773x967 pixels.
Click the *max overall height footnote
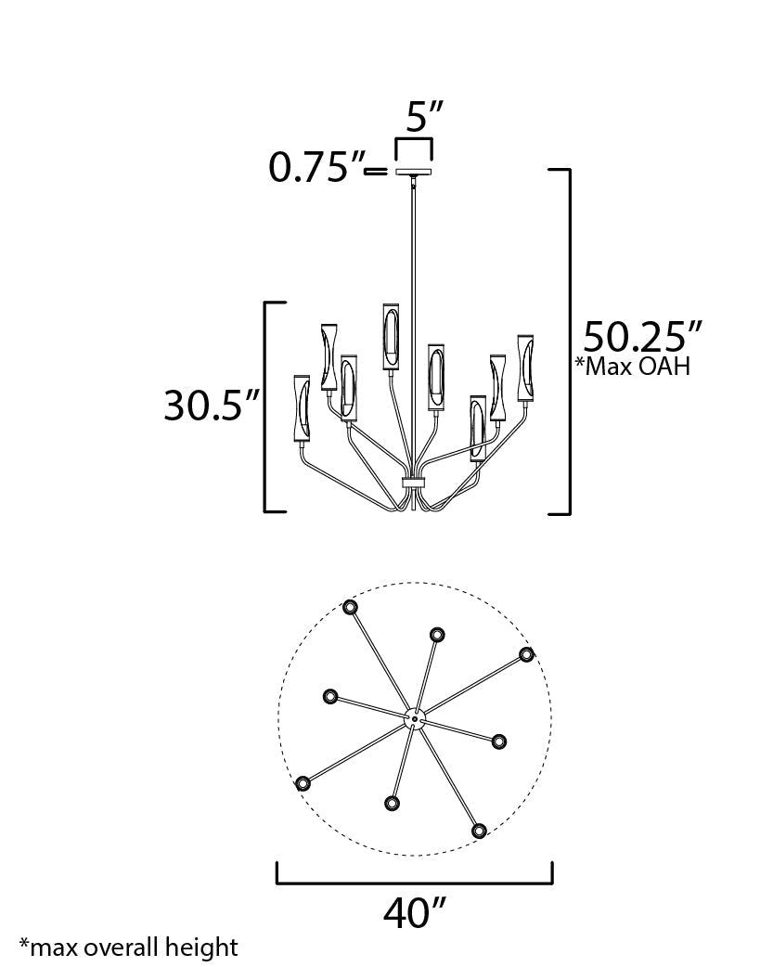click(x=129, y=948)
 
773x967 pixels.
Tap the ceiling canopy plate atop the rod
click(x=415, y=172)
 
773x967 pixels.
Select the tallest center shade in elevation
click(x=390, y=335)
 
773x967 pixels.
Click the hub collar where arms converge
click(x=414, y=483)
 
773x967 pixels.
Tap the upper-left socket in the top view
click(x=350, y=608)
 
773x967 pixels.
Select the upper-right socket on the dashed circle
click(x=527, y=654)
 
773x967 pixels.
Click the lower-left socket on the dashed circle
click(x=302, y=783)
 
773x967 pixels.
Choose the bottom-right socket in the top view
click(x=479, y=830)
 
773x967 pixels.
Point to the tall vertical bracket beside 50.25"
click(x=567, y=342)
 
